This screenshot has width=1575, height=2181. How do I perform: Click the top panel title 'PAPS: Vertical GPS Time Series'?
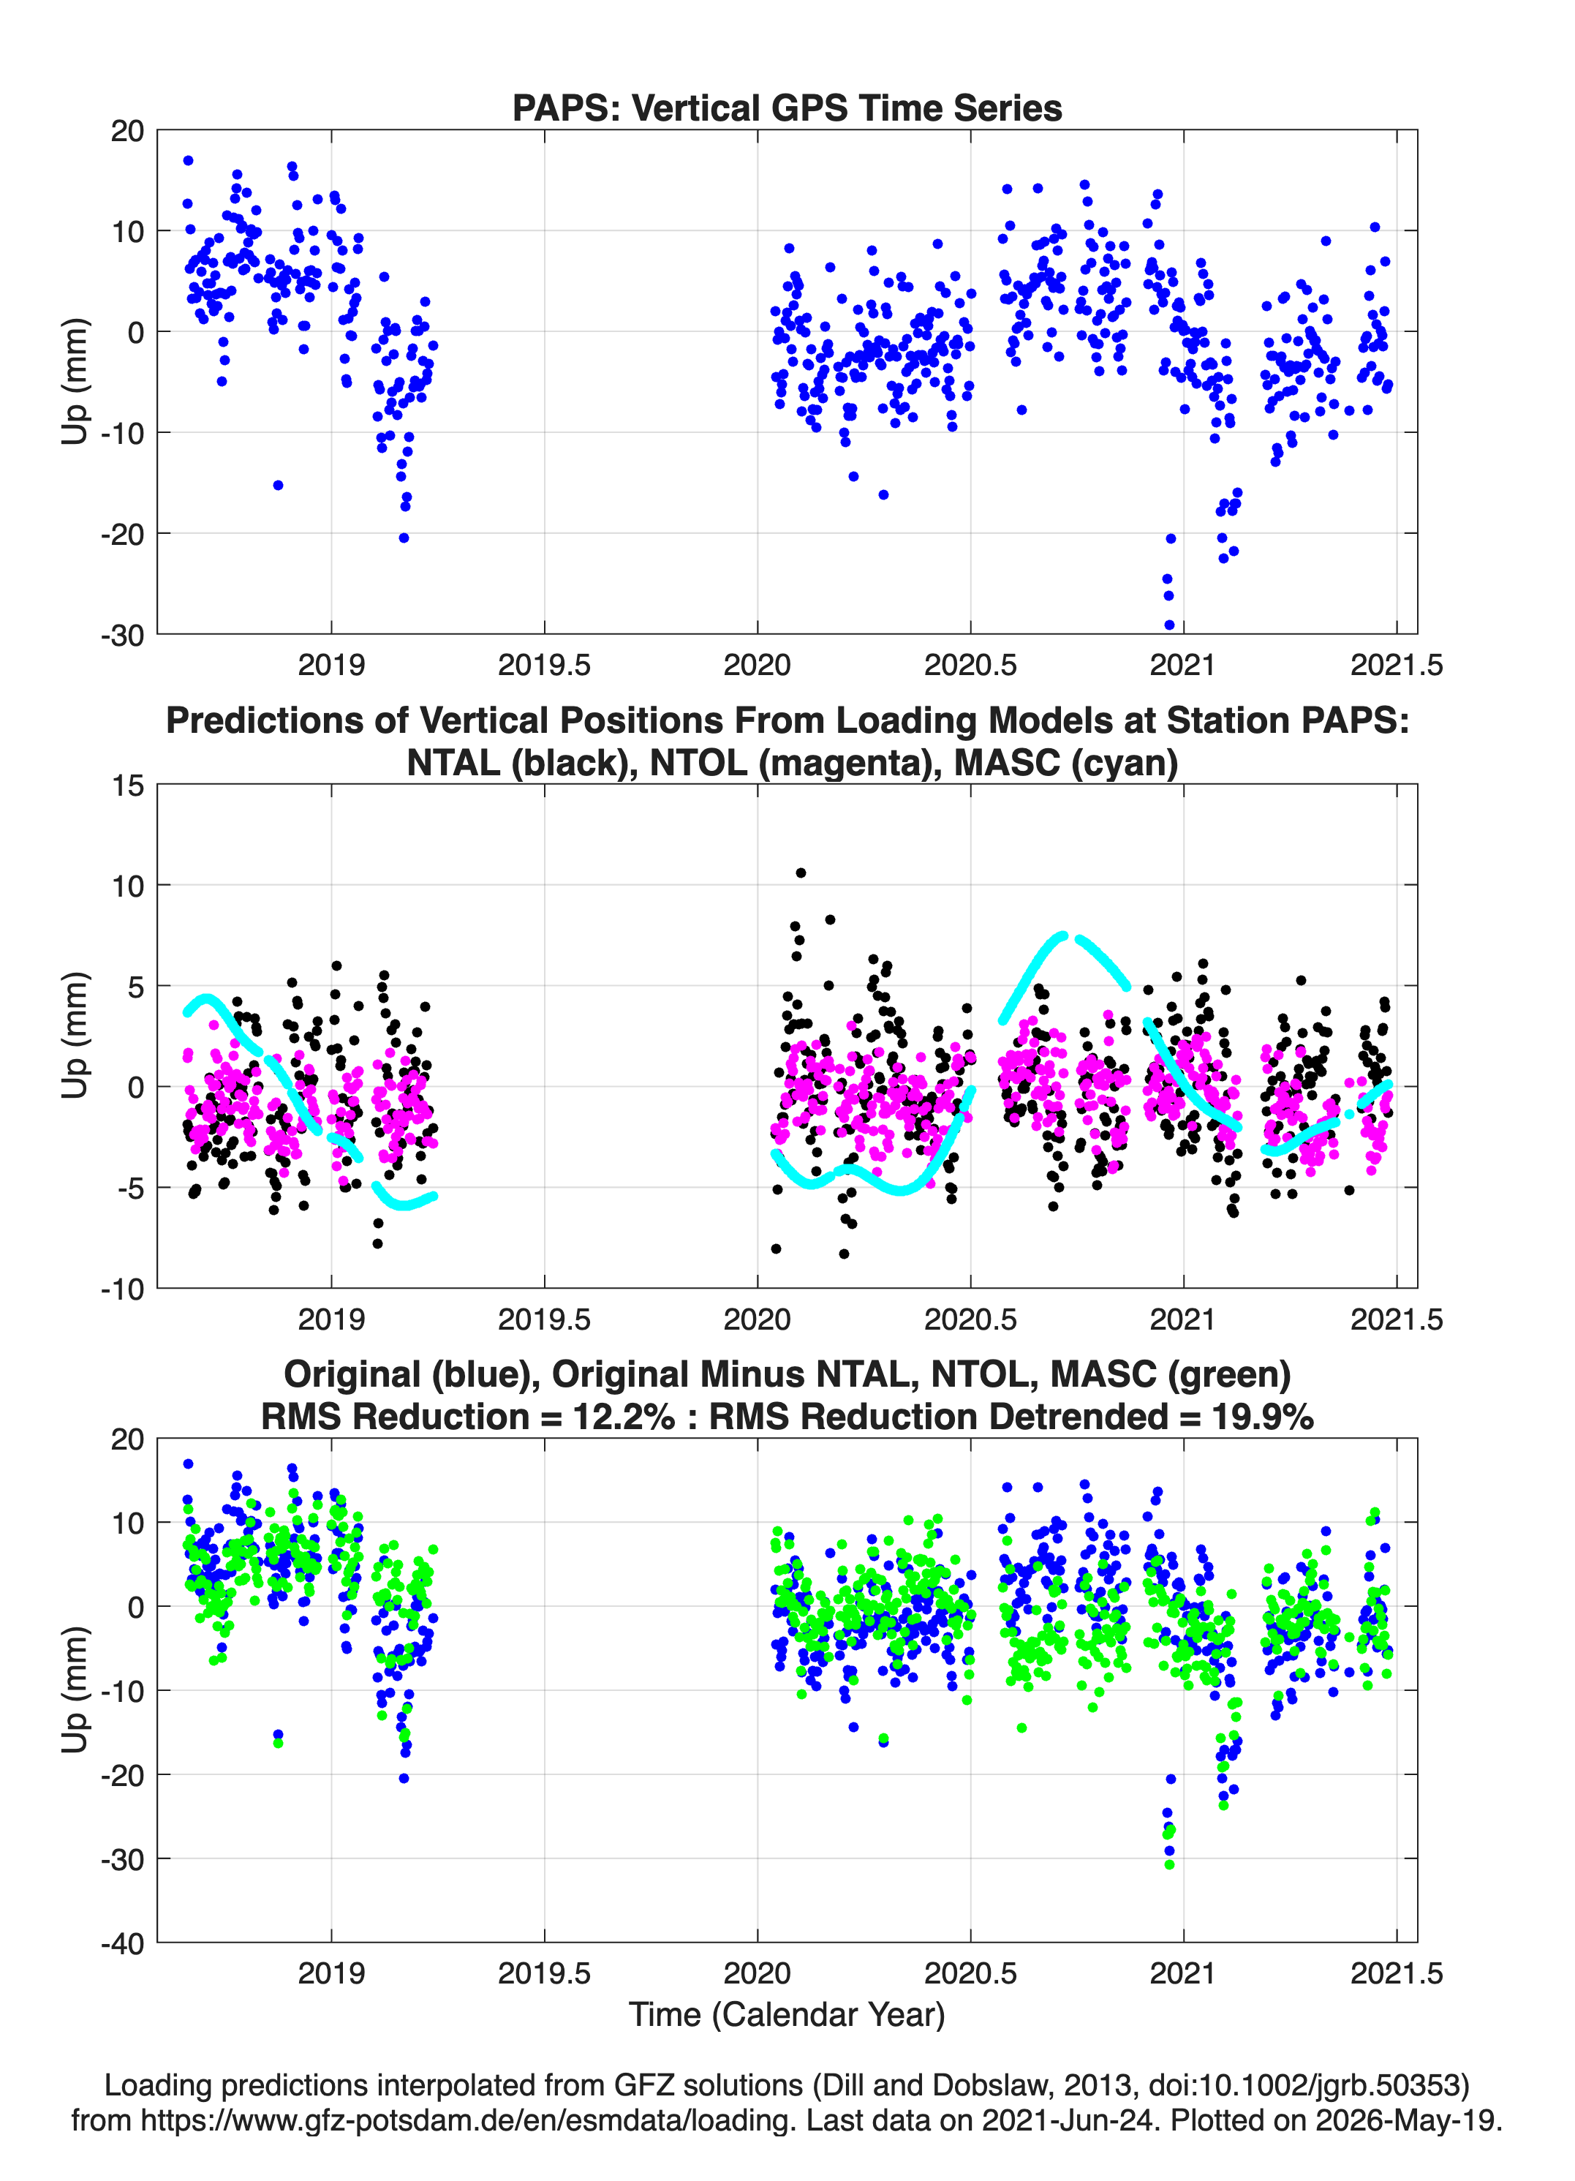(x=787, y=108)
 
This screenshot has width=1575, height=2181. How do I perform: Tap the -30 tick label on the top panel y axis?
(x=122, y=636)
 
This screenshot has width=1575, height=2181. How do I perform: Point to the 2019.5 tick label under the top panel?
(x=544, y=665)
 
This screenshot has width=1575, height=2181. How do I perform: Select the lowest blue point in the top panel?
(x=1169, y=625)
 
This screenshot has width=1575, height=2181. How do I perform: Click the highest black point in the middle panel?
(x=801, y=873)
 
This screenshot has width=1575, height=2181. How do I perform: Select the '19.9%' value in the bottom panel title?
(x=1263, y=1417)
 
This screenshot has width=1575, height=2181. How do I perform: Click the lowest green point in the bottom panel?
(x=1169, y=1864)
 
